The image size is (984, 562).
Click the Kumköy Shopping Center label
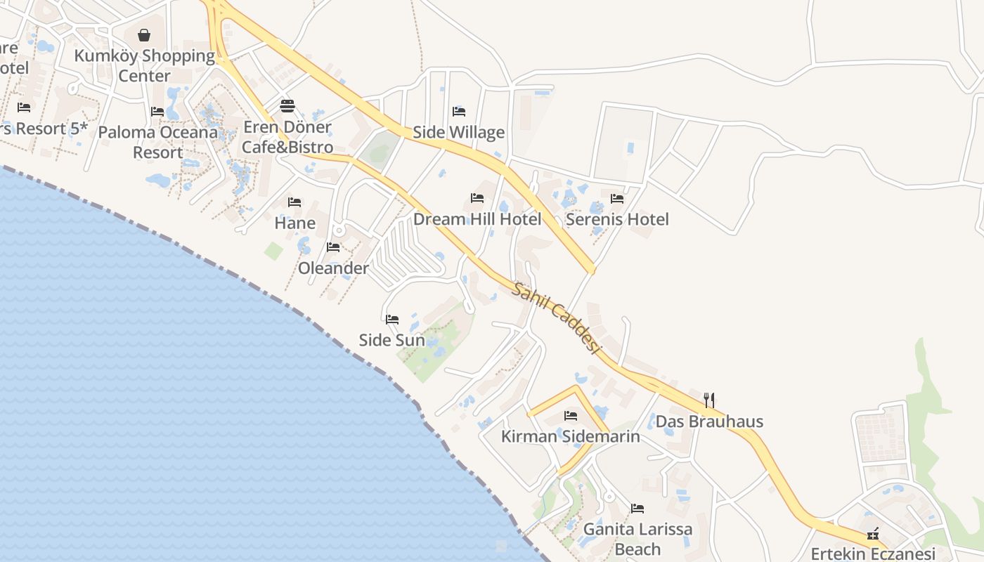(144, 65)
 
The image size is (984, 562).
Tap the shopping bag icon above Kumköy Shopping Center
(144, 35)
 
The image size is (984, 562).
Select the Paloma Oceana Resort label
(158, 142)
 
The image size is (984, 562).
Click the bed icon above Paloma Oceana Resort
(157, 112)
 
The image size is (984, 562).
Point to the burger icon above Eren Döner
(287, 106)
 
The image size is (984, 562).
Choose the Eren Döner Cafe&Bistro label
(287, 137)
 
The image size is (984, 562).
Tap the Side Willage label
(458, 132)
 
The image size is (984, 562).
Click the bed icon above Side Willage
(459, 111)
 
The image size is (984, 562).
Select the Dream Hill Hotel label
(477, 219)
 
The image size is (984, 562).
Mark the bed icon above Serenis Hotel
(617, 199)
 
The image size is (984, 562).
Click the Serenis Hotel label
(617, 219)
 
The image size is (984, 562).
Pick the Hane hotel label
(294, 223)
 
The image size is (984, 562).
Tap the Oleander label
(333, 268)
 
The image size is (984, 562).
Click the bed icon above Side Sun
(392, 320)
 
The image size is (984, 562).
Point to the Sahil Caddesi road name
(556, 318)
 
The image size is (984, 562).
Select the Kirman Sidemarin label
(570, 436)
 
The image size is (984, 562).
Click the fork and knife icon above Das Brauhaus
(709, 400)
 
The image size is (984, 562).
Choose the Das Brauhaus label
(709, 421)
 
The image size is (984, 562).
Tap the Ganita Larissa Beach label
(637, 539)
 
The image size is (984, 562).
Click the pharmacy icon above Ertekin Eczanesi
(873, 535)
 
